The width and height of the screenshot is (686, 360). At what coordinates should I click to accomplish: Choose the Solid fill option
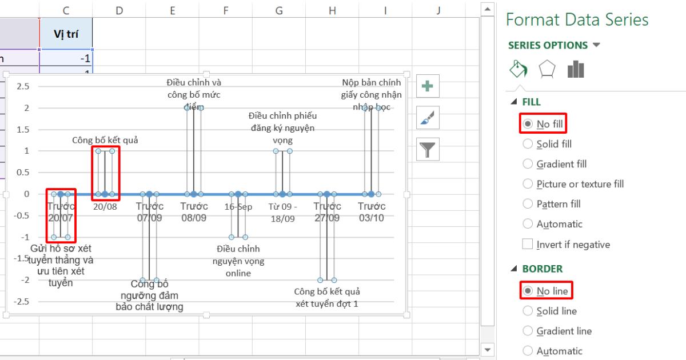point(527,145)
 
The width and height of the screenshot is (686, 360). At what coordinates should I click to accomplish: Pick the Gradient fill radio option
point(527,165)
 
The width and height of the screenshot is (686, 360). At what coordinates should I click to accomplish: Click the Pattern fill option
point(527,204)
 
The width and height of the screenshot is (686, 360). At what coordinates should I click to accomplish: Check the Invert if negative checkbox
point(527,245)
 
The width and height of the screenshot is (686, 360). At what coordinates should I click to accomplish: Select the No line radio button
point(527,291)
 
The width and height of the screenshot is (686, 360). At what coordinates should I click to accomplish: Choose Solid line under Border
point(527,311)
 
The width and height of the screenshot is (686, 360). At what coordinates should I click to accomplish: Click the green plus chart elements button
point(427,87)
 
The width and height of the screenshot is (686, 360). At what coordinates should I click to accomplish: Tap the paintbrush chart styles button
point(427,119)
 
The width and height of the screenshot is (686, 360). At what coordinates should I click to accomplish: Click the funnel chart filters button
point(427,150)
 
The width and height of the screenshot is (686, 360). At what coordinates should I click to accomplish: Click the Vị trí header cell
point(66,34)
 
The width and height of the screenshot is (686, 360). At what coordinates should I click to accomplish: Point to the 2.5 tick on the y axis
point(23,86)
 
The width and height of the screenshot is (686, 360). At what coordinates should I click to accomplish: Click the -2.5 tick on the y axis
point(22,301)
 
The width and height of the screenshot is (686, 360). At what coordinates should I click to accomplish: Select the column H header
point(332,9)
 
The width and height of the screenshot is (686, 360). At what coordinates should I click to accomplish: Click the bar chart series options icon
point(575,70)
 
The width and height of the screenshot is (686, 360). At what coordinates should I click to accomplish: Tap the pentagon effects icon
point(547,70)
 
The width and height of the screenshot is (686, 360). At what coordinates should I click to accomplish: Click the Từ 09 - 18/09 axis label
point(282,213)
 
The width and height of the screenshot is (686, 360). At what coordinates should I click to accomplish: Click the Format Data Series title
point(577,20)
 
